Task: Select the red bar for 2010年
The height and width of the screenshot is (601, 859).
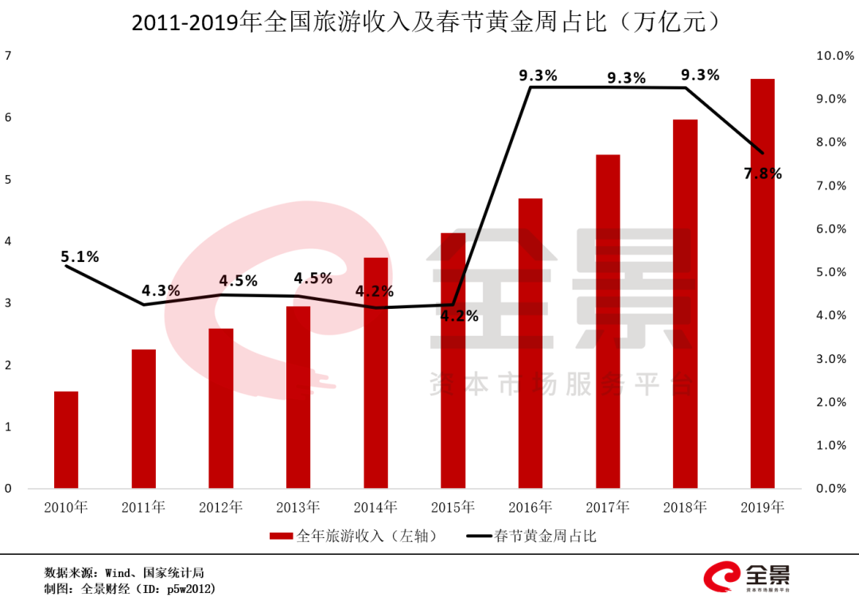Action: click(66, 439)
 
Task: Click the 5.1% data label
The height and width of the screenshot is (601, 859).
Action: click(80, 257)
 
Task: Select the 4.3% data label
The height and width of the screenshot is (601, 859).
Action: click(161, 291)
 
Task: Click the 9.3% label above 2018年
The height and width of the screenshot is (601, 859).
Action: click(700, 75)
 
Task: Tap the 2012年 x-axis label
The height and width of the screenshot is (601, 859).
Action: click(221, 507)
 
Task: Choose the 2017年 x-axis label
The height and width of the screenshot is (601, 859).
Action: click(608, 507)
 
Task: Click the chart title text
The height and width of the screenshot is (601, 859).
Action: click(429, 21)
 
